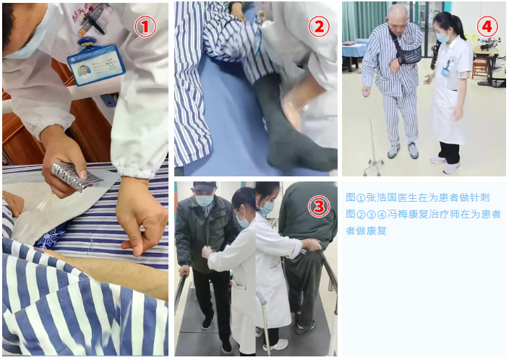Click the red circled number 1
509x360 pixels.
coord(145,27)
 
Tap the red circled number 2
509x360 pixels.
coord(319,26)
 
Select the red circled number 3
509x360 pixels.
coord(319,207)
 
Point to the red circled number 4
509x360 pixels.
coord(487,26)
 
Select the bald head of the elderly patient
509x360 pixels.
coord(398,13)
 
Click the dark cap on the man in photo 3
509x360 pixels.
coord(205,187)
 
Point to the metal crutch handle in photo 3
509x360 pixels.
coord(261,297)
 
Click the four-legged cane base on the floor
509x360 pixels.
coord(374,166)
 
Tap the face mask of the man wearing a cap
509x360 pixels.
coord(204,200)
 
